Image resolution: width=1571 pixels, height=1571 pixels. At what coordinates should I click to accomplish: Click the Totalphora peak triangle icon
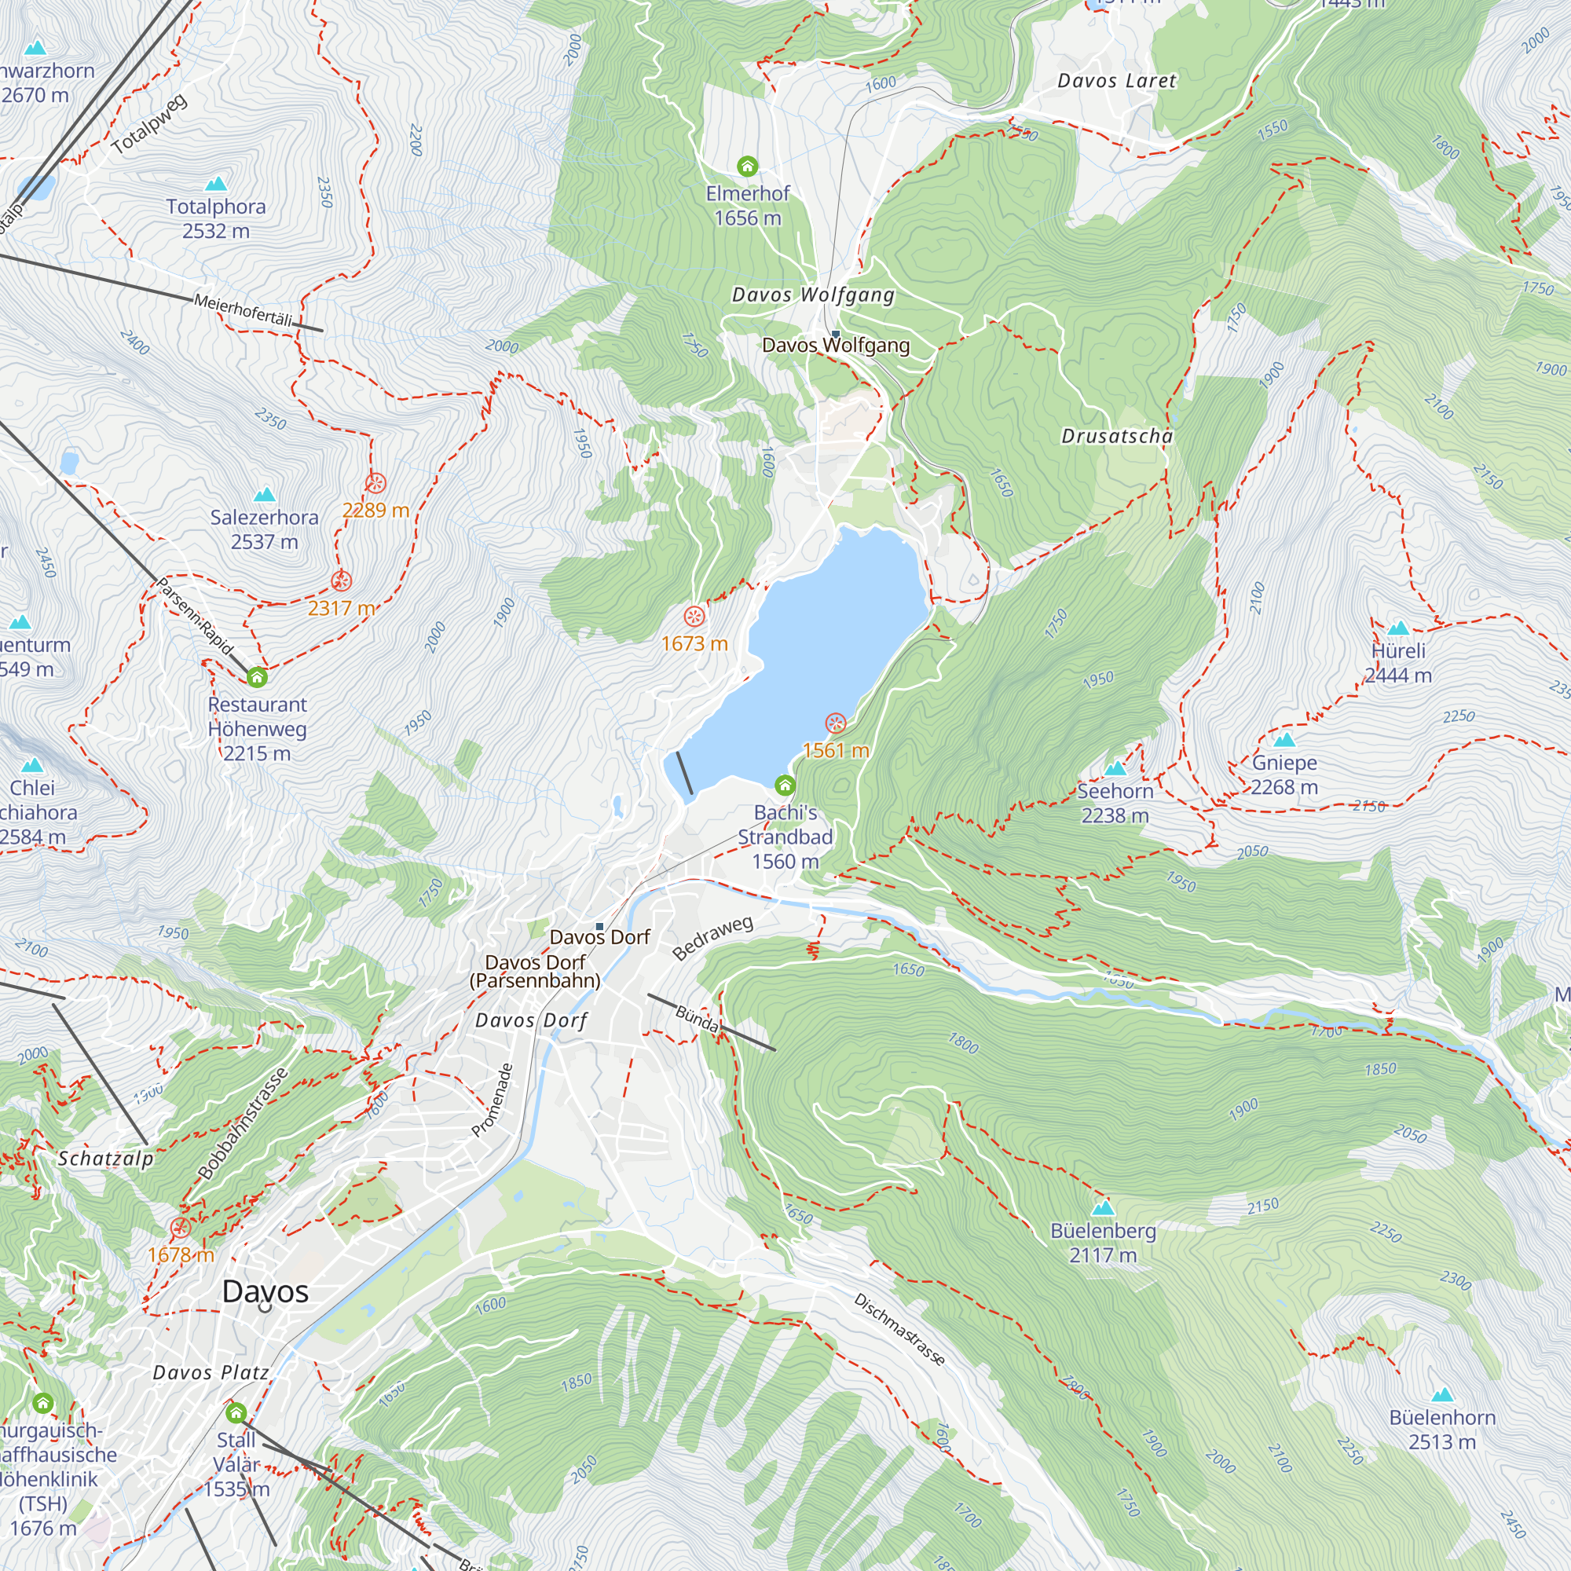pyautogui.click(x=216, y=184)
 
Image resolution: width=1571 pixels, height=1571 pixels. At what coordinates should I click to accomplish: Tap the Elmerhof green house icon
pyautogui.click(x=747, y=167)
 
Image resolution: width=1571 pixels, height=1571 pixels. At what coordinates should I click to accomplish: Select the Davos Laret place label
pyautogui.click(x=1116, y=80)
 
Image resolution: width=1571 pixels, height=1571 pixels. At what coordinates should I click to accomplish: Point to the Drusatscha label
pyautogui.click(x=1117, y=437)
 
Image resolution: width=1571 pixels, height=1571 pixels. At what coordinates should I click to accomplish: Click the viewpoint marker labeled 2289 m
pyautogui.click(x=375, y=484)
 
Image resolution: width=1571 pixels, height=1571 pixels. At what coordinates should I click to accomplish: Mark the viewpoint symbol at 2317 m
pyautogui.click(x=342, y=580)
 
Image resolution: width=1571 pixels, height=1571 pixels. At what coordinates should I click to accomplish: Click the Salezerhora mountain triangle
pyautogui.click(x=264, y=494)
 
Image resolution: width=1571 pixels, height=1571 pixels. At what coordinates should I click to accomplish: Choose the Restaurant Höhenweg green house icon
pyautogui.click(x=257, y=676)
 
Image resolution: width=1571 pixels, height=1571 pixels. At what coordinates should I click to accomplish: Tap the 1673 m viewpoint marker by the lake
pyautogui.click(x=694, y=616)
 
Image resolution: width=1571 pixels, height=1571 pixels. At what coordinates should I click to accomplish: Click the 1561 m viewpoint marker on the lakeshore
pyautogui.click(x=835, y=723)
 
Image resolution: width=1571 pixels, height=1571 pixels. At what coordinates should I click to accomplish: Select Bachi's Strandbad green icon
pyautogui.click(x=785, y=785)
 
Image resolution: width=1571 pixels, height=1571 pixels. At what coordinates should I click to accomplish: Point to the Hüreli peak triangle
pyautogui.click(x=1398, y=628)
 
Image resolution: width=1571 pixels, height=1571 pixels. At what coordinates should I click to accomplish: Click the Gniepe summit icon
pyautogui.click(x=1284, y=740)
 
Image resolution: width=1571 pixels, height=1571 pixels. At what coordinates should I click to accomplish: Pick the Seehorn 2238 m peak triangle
pyautogui.click(x=1115, y=768)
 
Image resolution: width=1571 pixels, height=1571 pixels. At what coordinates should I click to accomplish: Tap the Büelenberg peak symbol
pyautogui.click(x=1103, y=1207)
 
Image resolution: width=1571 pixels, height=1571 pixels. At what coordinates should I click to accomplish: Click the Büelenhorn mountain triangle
pyautogui.click(x=1441, y=1394)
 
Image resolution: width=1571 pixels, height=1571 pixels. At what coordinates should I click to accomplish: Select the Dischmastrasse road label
pyautogui.click(x=899, y=1330)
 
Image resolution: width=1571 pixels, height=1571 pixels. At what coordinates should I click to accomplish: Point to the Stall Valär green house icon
pyautogui.click(x=236, y=1413)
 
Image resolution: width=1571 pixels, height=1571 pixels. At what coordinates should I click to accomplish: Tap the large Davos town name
pyautogui.click(x=265, y=1291)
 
